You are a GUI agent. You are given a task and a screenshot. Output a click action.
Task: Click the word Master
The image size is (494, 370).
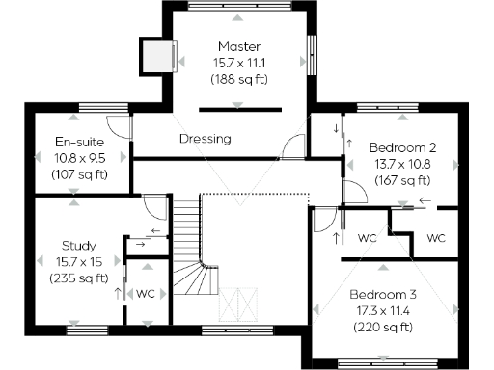pos(238,46)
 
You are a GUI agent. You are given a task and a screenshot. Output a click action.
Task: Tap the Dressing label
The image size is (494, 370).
pos(205,139)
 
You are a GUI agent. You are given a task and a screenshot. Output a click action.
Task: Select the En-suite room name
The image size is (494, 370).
pos(78,141)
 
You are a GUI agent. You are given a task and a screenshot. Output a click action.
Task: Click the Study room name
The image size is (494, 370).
pos(78,245)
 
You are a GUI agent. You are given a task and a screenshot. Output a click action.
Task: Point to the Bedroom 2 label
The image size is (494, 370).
pos(402,147)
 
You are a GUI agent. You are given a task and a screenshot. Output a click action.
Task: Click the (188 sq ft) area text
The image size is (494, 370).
pos(238,79)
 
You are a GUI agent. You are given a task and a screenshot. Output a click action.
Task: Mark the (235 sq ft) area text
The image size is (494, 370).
pos(78,277)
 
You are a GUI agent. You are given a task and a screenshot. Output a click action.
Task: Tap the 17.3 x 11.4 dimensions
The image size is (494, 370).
pos(383,311)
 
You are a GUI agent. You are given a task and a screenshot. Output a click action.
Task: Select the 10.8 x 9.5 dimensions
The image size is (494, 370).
pos(78,157)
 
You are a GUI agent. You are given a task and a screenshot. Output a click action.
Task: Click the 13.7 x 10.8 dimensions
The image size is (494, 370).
pos(402,164)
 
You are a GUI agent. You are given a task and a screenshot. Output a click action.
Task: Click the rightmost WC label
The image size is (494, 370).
pos(437,238)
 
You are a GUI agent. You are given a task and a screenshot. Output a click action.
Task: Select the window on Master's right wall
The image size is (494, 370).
pos(312,61)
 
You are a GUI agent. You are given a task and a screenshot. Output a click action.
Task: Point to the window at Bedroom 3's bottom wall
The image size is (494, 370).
pos(383,364)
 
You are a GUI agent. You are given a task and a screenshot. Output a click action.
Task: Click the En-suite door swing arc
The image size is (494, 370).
pos(119,125)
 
